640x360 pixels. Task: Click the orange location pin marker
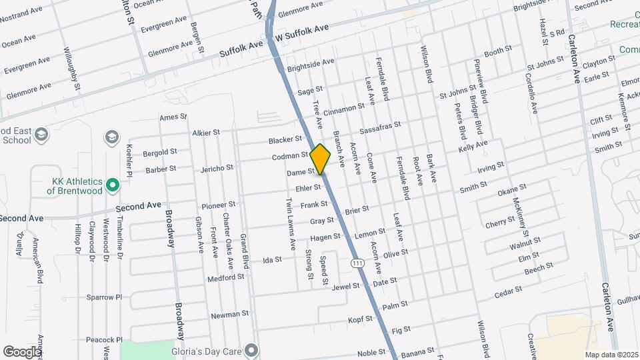coord(320,159)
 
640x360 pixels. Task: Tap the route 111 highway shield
coord(358,263)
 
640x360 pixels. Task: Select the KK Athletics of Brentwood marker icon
coord(113,184)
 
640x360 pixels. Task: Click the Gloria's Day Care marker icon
coord(251,349)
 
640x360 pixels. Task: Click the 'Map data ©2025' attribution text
coord(611,355)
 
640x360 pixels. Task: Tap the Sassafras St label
coord(379,127)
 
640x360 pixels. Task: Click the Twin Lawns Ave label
coord(291,223)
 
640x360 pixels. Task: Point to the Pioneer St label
coord(219,204)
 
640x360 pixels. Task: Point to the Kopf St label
coord(360,319)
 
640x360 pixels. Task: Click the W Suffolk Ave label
coord(303,31)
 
